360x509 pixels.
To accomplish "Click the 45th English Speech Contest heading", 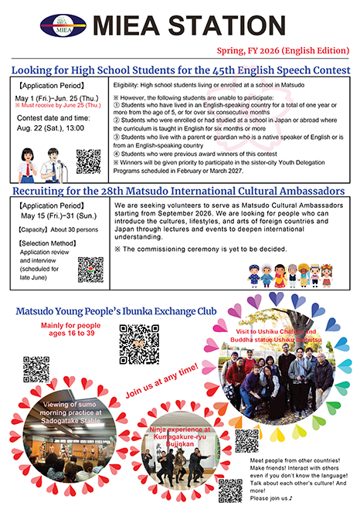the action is [180, 70].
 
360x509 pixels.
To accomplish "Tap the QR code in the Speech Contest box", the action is [89, 161].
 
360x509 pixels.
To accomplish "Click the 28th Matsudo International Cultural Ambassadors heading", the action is [180, 190].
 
